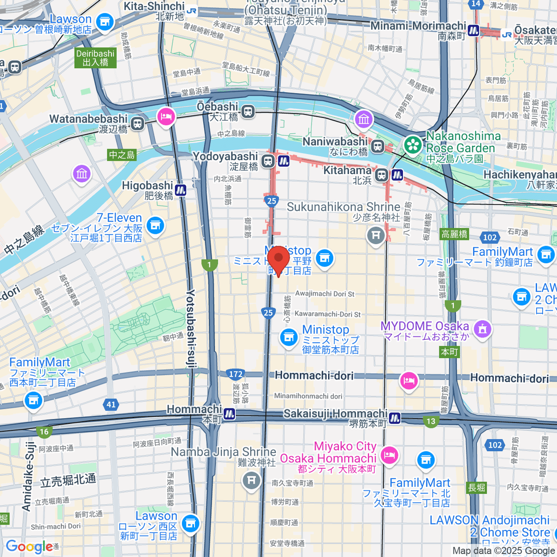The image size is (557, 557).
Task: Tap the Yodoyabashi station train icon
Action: pos(267,161)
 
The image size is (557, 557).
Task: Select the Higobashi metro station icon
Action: pos(181,190)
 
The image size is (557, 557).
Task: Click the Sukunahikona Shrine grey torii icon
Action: pos(376,235)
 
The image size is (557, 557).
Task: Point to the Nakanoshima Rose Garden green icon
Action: pos(412,145)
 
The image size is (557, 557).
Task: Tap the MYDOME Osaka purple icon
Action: pos(483,329)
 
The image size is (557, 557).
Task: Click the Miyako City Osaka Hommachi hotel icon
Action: pos(389,455)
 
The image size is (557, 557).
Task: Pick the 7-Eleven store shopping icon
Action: pos(155,226)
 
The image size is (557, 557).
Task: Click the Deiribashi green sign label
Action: pos(95,58)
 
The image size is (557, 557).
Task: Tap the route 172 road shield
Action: pos(236,374)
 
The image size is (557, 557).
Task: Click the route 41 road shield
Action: pos(111,404)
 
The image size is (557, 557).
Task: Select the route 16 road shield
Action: pos(44,432)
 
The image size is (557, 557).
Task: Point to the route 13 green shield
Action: pos(431,421)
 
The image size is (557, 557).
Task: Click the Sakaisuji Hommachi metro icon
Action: pos(395,418)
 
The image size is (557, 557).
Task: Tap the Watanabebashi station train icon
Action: pos(137,123)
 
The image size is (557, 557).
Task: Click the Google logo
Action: pos(29,546)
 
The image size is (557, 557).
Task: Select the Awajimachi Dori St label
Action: pos(324,294)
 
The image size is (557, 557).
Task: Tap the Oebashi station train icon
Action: pos(248,111)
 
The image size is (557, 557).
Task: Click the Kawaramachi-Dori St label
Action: pos(327,314)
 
